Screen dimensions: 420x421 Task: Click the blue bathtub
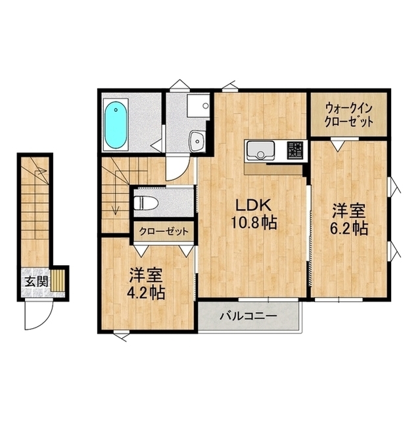tap(116, 125)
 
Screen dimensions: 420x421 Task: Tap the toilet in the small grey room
tap(145, 203)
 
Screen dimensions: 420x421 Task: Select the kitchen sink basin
tap(260, 150)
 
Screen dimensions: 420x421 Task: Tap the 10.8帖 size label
tap(254, 222)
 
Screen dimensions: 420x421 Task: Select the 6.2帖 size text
tap(348, 228)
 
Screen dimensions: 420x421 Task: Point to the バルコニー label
tap(248, 316)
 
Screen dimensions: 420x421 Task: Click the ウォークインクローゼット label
tap(348, 116)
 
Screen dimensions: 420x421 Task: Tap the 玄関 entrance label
tap(36, 282)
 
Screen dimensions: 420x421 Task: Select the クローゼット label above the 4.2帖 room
tap(164, 231)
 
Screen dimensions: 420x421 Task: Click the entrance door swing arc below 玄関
tap(45, 322)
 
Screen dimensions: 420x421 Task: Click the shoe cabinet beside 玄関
tap(58, 280)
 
